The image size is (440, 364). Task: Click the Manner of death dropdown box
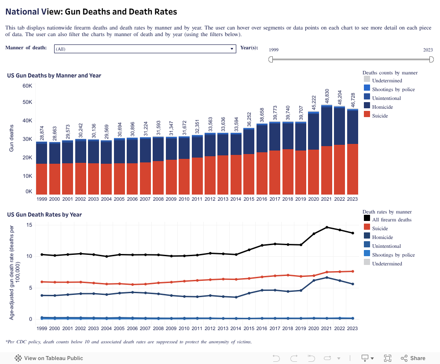(x=145, y=49)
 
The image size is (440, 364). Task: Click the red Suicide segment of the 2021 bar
(x=326, y=170)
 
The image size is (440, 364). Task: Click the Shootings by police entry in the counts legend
(x=393, y=89)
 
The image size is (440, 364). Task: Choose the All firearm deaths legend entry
(x=392, y=220)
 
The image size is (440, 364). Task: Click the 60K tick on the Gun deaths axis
(x=27, y=85)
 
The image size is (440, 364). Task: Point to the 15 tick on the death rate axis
(x=29, y=225)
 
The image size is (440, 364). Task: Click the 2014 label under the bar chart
(x=236, y=199)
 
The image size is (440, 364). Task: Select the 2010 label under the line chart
(x=184, y=328)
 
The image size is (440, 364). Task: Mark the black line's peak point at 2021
(x=327, y=227)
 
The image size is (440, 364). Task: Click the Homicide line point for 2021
(x=327, y=277)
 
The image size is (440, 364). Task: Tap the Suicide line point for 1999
(x=42, y=282)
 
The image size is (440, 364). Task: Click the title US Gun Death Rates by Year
(x=44, y=215)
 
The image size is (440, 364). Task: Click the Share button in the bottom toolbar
(x=413, y=358)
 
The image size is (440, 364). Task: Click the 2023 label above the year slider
(x=428, y=50)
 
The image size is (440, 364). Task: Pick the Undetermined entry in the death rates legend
(x=387, y=264)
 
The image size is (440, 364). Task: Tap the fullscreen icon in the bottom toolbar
(x=388, y=358)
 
